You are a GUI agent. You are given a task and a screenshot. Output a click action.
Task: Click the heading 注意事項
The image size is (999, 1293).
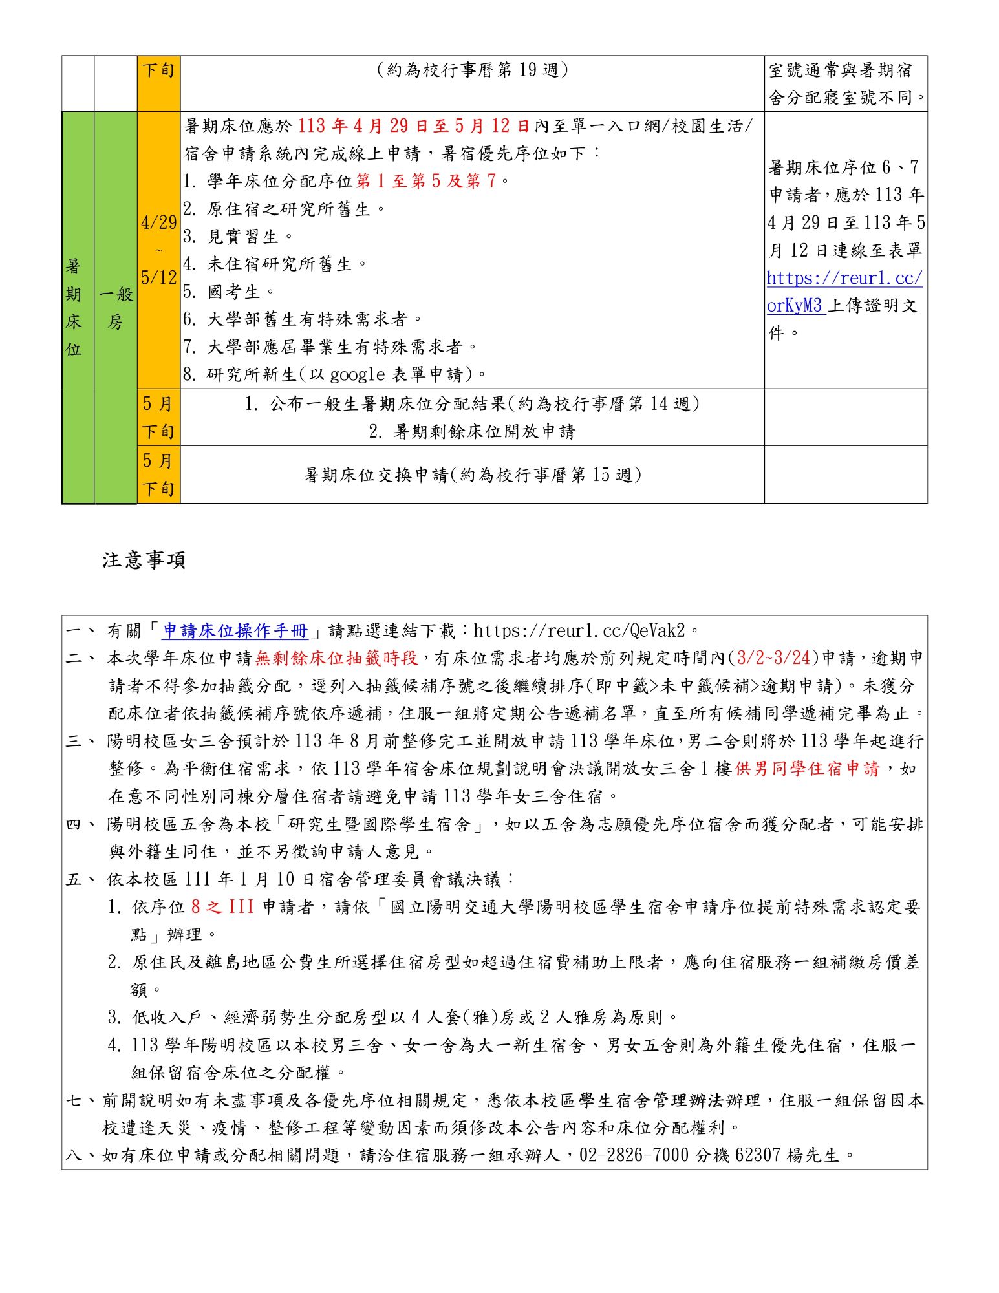coord(144,560)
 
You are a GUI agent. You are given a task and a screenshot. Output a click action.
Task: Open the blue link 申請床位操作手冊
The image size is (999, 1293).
coord(235,630)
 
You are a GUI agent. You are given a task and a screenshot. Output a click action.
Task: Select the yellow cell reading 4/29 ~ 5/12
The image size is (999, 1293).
coord(158,250)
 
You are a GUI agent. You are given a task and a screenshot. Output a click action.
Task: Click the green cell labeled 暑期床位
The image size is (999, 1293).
coord(74,307)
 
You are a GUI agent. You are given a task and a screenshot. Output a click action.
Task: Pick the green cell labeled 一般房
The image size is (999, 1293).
coord(116,307)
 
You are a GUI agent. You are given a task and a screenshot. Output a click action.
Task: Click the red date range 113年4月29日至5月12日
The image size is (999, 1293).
coord(413,126)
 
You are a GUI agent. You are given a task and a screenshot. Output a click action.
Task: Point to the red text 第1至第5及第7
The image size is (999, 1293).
coord(427,181)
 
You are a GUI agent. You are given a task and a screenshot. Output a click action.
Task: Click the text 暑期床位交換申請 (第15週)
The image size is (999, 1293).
coord(472,475)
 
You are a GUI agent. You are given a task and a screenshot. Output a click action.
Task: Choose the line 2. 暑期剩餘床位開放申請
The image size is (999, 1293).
coord(472,431)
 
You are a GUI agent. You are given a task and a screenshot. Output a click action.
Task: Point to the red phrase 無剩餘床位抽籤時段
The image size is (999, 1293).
coord(336,658)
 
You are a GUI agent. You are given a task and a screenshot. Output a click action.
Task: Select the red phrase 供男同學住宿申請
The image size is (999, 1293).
coord(807,769)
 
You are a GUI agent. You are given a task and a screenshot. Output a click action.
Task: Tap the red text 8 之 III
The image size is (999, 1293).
coord(222,907)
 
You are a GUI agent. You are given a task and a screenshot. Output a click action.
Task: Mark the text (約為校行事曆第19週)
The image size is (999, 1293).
coord(472,70)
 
